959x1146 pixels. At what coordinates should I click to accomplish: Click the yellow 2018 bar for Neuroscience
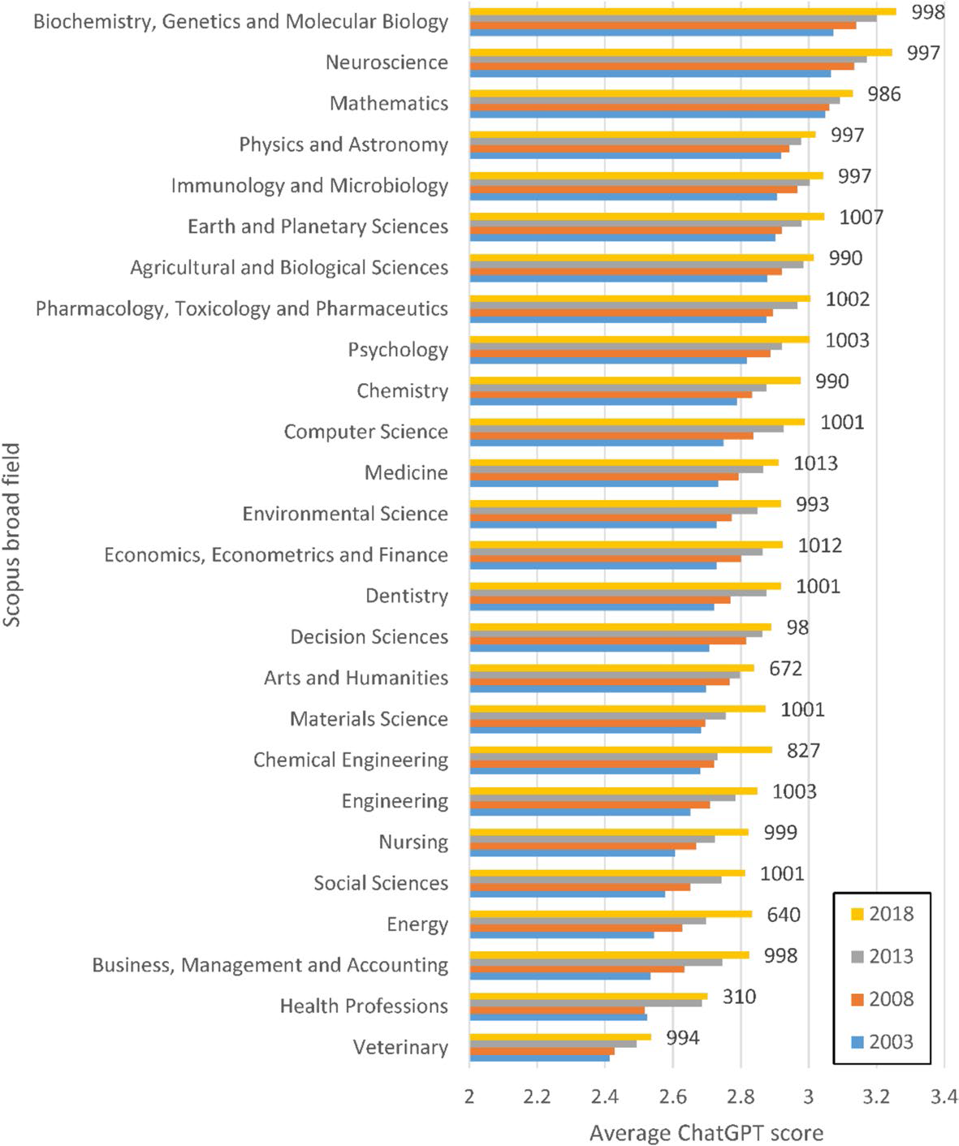(680, 52)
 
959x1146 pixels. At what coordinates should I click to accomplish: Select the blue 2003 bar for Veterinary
(539, 1058)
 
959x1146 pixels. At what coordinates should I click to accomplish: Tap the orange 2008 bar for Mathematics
(650, 107)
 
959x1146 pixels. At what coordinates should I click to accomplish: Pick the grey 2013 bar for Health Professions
(585, 1003)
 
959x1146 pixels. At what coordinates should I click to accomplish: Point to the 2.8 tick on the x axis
(741, 1097)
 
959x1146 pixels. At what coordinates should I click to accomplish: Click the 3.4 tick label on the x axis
(944, 1097)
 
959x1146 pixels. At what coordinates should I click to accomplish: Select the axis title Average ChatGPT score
(706, 1133)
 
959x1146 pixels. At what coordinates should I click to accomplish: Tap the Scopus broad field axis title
(12, 534)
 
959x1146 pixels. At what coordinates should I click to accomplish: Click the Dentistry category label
(406, 596)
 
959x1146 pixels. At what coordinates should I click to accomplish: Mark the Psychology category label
(398, 350)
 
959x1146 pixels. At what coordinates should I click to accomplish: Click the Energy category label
(417, 924)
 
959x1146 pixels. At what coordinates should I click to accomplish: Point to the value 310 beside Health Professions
(739, 997)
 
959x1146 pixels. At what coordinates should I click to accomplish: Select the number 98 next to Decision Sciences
(797, 627)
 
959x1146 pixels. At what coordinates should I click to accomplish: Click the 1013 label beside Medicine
(815, 463)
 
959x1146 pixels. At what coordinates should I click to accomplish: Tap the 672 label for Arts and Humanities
(785, 669)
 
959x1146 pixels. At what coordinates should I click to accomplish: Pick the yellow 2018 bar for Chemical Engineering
(621, 749)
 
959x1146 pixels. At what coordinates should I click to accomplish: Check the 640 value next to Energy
(784, 915)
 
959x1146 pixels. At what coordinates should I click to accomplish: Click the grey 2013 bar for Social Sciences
(595, 880)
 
